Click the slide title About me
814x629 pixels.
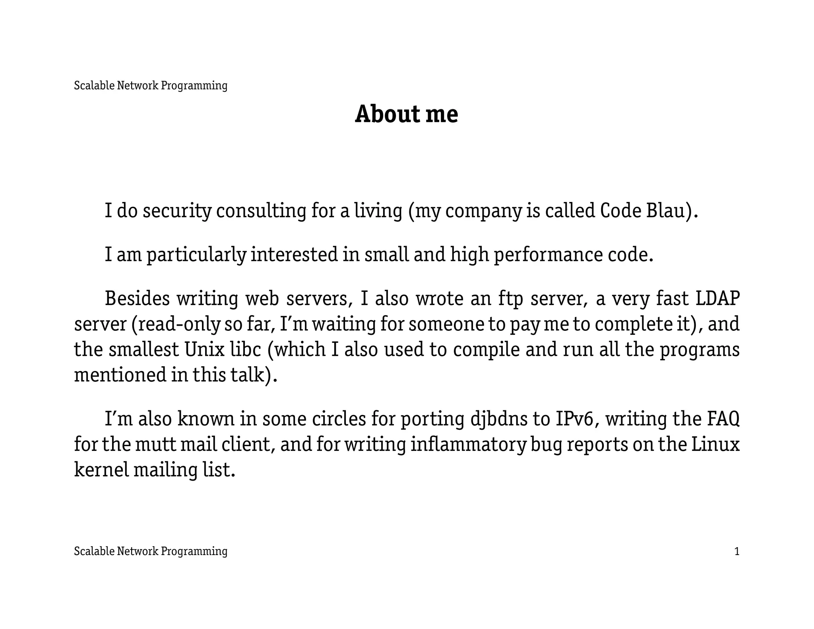406,114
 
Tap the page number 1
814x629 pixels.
736,551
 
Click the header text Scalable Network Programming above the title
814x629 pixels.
151,85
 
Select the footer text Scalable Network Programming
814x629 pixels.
151,551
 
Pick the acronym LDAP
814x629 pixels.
717,299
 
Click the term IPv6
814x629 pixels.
576,419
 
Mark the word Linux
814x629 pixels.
715,444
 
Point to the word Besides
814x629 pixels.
137,299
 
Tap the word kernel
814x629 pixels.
101,470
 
